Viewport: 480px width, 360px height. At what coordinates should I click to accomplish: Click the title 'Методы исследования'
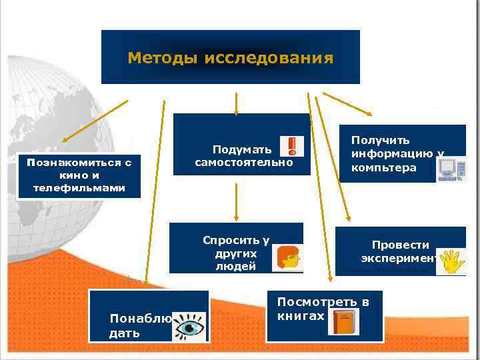coord(230,58)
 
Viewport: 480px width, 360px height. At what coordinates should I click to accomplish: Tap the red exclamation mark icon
coord(291,147)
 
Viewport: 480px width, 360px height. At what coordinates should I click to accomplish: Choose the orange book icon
coord(343,323)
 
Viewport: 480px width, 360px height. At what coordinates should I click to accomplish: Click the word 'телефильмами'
coord(79,188)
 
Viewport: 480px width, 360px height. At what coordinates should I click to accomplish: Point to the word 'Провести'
coord(401,245)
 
